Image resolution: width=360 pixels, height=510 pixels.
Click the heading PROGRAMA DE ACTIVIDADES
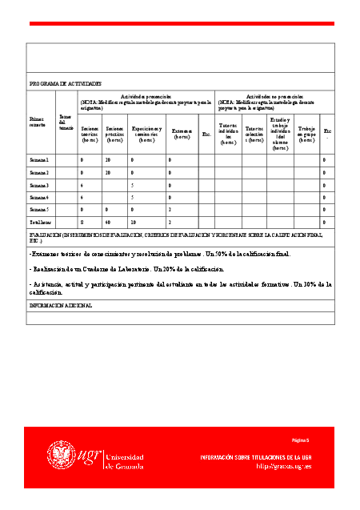[66, 83]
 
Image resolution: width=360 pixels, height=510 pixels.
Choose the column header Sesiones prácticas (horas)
[115, 135]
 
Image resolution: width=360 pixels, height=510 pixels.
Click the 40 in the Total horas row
[108, 221]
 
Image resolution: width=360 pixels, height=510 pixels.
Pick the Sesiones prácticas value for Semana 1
[108, 160]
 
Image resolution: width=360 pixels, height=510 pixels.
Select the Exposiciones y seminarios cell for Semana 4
[132, 197]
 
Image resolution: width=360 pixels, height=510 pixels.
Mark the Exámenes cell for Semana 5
[170, 209]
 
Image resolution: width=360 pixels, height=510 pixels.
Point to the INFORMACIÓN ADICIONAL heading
[61, 305]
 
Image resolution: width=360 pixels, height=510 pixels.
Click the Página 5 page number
[301, 440]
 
